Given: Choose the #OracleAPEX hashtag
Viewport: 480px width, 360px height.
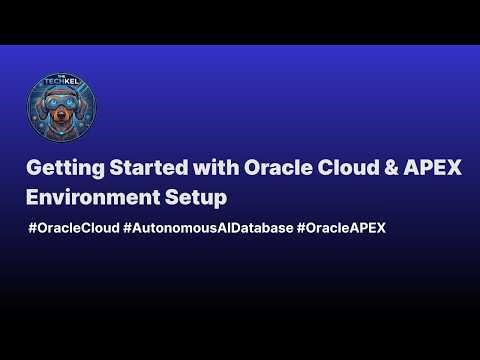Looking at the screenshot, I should point(341,228).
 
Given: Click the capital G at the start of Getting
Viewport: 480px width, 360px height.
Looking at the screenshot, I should point(35,168).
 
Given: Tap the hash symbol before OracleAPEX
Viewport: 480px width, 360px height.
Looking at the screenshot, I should point(302,228).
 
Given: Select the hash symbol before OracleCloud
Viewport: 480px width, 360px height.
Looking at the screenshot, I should point(34,228).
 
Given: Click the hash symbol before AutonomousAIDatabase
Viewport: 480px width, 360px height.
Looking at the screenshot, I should point(128,228).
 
